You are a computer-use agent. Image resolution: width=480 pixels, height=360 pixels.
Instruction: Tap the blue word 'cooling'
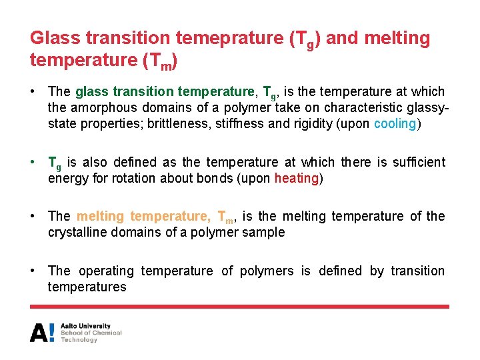pyautogui.click(x=395, y=124)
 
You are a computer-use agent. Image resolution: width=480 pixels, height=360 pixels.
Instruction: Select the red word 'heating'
pyautogui.click(x=297, y=179)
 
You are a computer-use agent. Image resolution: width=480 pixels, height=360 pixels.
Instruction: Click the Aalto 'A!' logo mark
pyautogui.click(x=43, y=332)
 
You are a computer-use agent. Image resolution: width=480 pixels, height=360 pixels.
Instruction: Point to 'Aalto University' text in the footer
pyautogui.click(x=85, y=326)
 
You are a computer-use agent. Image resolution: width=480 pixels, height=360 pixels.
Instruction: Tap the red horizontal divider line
pyautogui.click(x=239, y=307)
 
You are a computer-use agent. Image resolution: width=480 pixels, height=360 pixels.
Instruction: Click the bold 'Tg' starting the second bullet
pyautogui.click(x=55, y=163)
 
